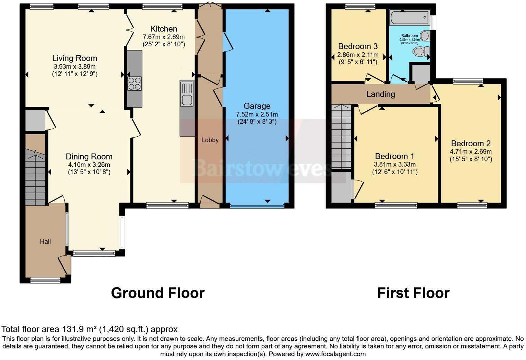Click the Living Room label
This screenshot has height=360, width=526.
74,58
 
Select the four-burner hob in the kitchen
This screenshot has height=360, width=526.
135,83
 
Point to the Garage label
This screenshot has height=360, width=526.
257,106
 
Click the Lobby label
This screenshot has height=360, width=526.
210,140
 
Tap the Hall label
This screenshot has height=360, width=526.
45,241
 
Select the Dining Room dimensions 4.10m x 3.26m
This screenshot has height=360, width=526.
89,165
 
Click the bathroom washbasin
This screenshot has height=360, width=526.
425,35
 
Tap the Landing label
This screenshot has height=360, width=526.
381,94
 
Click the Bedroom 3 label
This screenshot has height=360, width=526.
358,46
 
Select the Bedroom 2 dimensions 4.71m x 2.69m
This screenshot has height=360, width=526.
471,151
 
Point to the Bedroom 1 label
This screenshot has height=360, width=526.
394,156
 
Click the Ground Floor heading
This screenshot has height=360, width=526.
158,293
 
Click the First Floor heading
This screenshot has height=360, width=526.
413,293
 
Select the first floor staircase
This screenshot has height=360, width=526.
342,137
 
